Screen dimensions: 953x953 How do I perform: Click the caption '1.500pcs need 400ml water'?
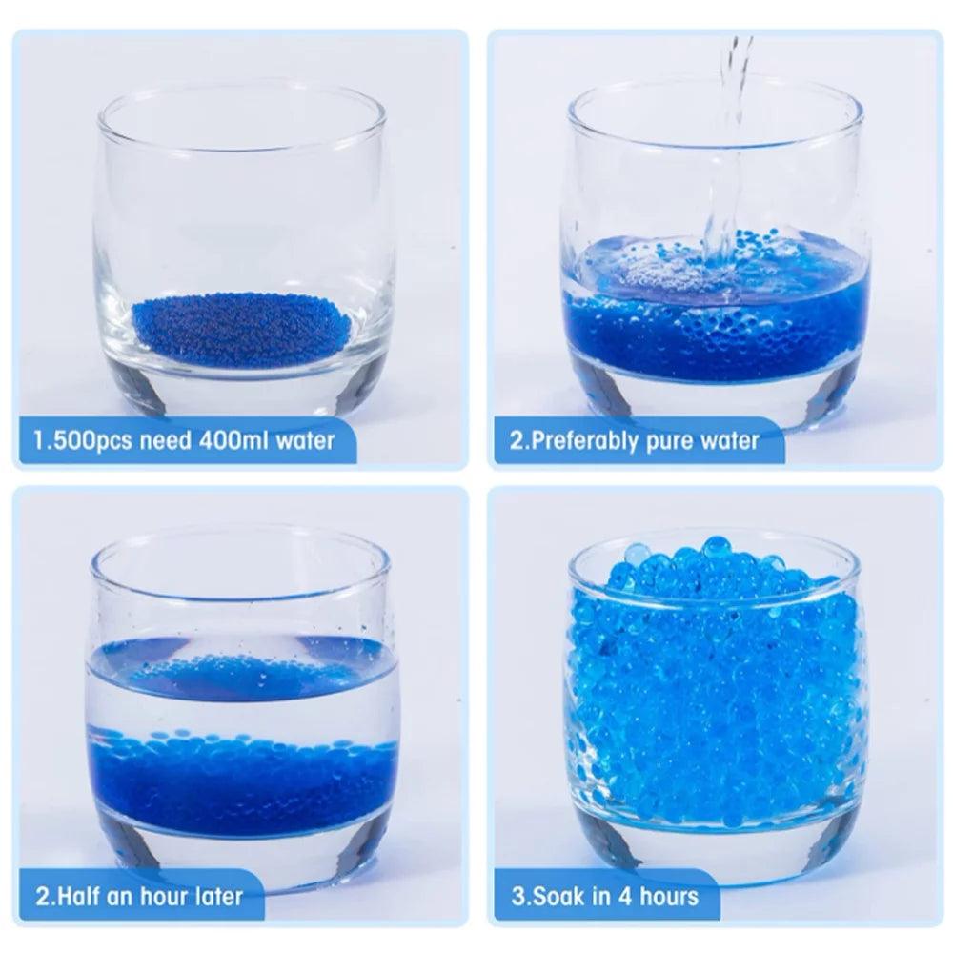click(x=184, y=441)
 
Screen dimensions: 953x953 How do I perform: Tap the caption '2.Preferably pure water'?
click(x=636, y=441)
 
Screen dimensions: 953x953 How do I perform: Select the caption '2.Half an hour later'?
click(x=139, y=897)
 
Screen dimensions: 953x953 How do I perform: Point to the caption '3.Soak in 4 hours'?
click(x=603, y=897)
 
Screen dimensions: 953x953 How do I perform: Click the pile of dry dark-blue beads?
click(x=241, y=329)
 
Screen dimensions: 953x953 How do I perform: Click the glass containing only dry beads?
click(x=242, y=248)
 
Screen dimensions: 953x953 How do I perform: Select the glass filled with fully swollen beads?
click(x=716, y=696)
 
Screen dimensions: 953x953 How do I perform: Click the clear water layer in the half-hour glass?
click(x=243, y=705)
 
